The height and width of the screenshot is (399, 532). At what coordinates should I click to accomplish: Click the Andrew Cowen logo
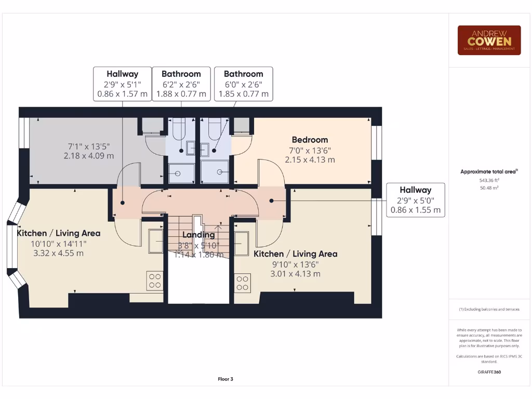pyautogui.click(x=489, y=40)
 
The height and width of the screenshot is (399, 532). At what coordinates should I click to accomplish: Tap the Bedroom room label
pyautogui.click(x=310, y=139)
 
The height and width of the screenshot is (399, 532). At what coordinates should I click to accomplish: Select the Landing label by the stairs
pyautogui.click(x=198, y=235)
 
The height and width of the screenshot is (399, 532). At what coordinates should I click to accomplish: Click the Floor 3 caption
pyautogui.click(x=225, y=379)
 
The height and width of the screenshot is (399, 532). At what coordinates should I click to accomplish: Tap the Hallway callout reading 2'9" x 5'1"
pyautogui.click(x=123, y=84)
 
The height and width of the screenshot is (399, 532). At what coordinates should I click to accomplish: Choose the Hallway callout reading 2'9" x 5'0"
pyautogui.click(x=415, y=200)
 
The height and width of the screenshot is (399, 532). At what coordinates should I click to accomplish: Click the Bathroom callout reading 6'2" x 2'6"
pyautogui.click(x=181, y=84)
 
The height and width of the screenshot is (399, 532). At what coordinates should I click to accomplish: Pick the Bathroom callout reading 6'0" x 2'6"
pyautogui.click(x=244, y=84)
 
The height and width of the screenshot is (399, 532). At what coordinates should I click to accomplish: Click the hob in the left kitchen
pyautogui.click(x=155, y=281)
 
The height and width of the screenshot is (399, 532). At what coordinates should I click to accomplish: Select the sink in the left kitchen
pyautogui.click(x=156, y=241)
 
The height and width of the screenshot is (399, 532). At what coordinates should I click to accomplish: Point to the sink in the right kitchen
pyautogui.click(x=242, y=244)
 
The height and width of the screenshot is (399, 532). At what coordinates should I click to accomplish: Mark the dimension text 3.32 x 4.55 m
pyautogui.click(x=58, y=253)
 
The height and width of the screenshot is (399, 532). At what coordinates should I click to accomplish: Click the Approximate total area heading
pyautogui.click(x=489, y=171)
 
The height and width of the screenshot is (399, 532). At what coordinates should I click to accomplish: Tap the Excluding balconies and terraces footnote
pyautogui.click(x=489, y=309)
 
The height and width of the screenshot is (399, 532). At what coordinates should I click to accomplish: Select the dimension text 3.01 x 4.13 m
pyautogui.click(x=295, y=273)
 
